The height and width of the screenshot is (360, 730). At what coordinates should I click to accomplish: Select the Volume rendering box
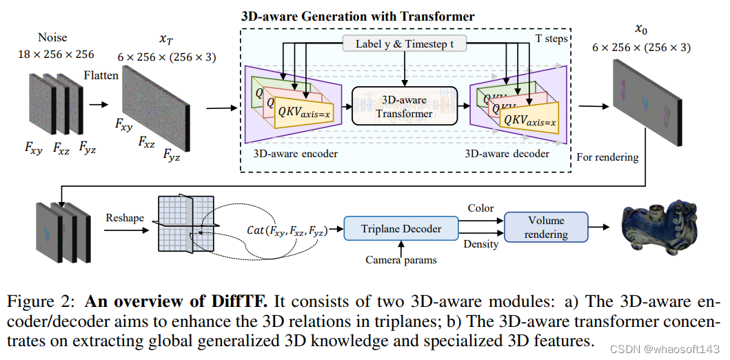click(546, 227)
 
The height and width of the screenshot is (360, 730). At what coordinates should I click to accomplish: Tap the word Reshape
click(125, 218)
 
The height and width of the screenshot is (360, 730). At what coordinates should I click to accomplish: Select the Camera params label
click(401, 260)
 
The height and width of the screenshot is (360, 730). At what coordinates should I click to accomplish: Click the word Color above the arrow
click(480, 208)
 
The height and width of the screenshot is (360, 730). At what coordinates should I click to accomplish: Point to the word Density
click(480, 244)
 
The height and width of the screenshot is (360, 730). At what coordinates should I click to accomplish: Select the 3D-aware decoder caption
click(507, 153)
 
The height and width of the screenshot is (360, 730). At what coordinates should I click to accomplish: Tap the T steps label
click(551, 39)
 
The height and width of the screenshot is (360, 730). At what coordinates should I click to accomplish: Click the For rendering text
click(607, 157)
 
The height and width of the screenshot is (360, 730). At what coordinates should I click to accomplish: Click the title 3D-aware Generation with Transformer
click(358, 15)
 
